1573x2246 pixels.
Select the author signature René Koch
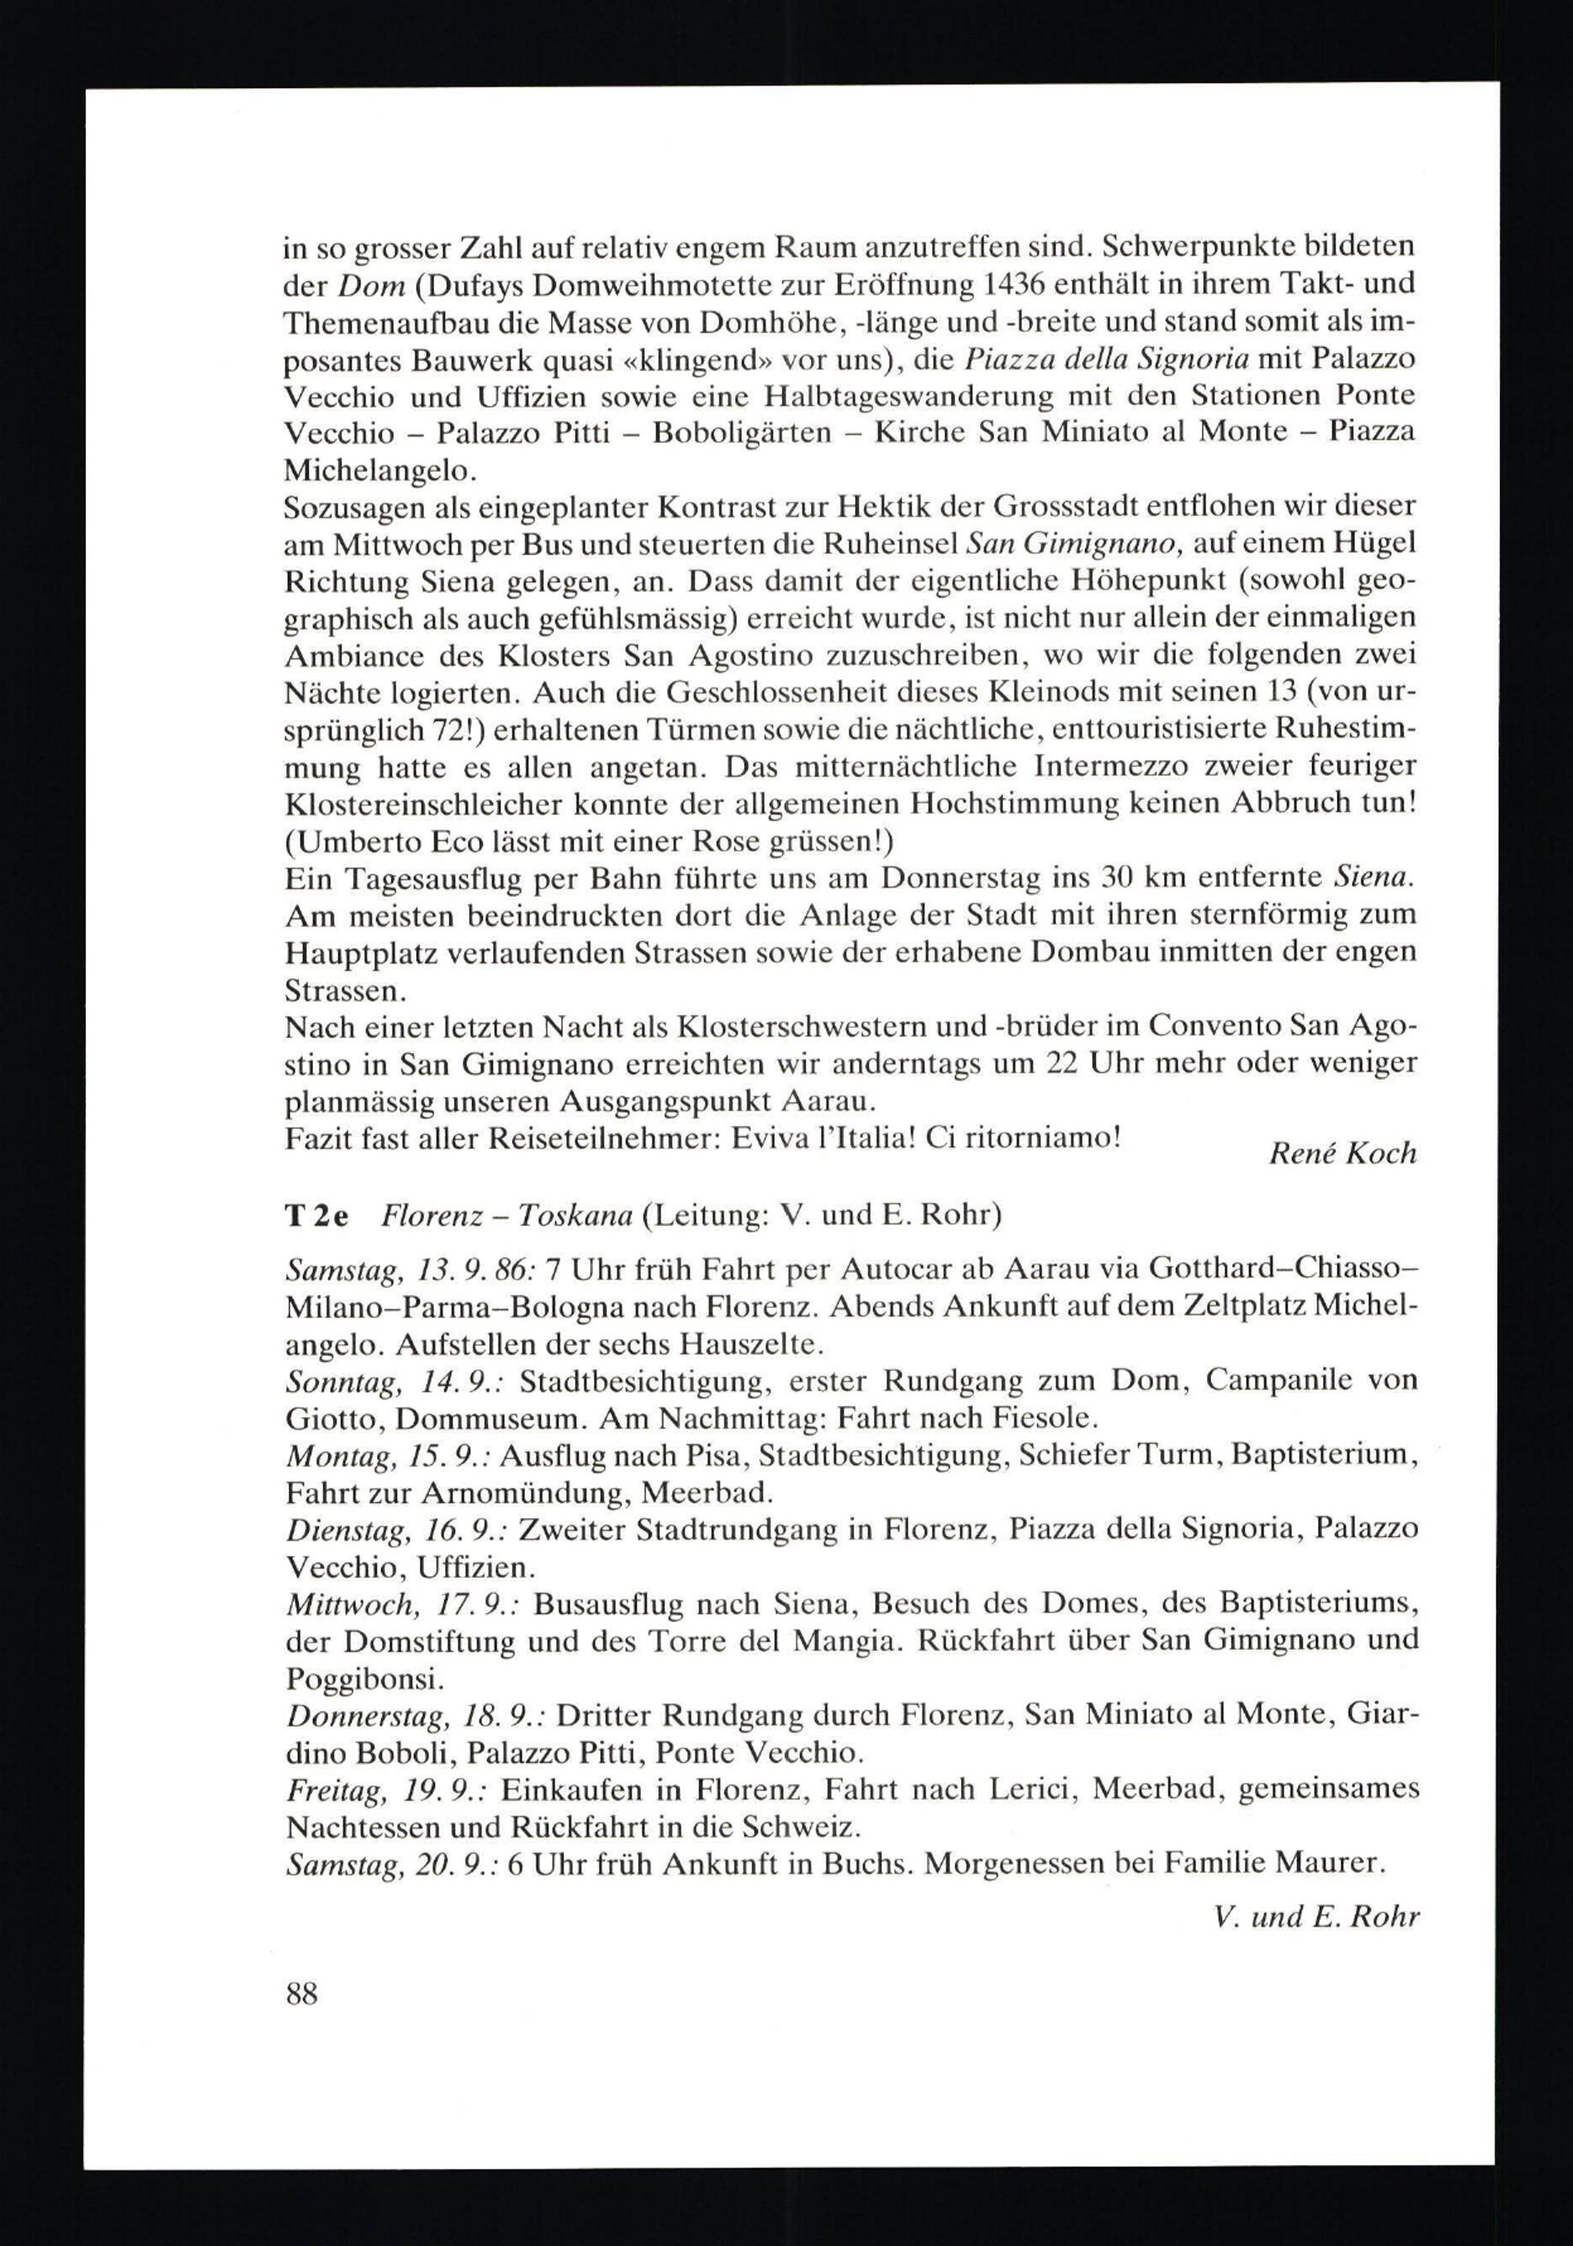pyautogui.click(x=1342, y=1154)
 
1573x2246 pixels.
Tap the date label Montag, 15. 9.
pyautogui.click(x=389, y=1456)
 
